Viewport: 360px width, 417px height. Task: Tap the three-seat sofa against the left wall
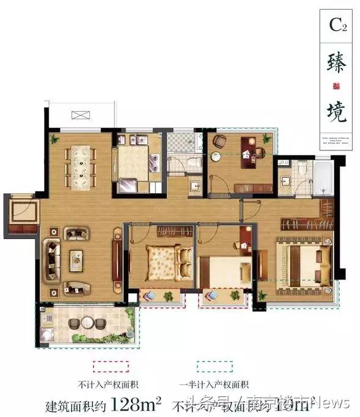click(x=50, y=259)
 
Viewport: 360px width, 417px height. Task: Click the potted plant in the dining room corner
click(x=56, y=138)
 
